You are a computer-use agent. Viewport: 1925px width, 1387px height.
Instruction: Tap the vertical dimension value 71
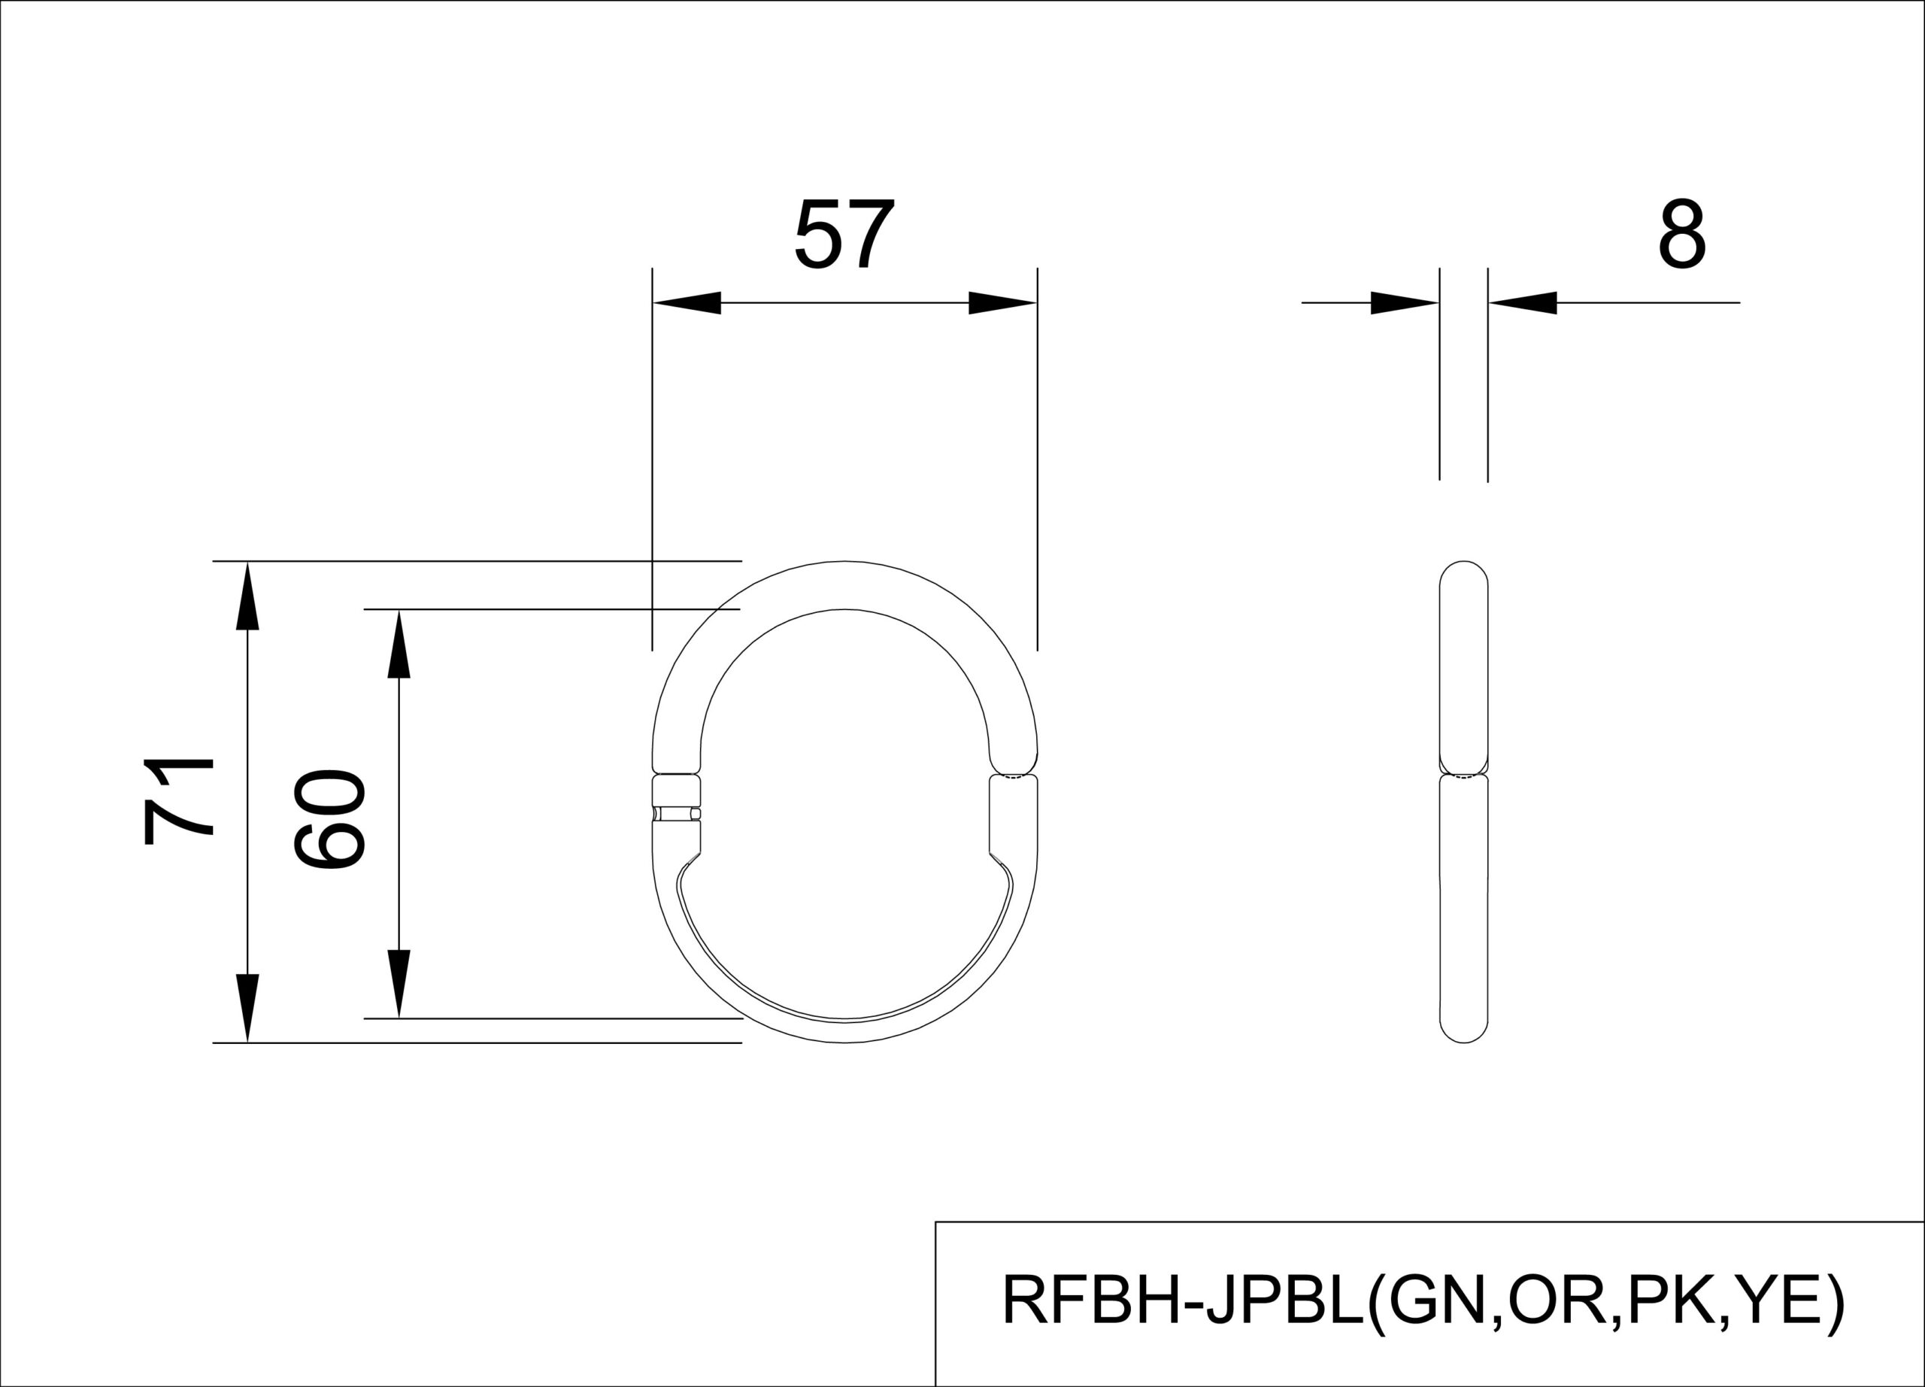pyautogui.click(x=178, y=801)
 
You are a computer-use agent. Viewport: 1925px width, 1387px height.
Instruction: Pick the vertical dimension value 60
pyautogui.click(x=329, y=818)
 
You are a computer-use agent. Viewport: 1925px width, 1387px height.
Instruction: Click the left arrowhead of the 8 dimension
pyautogui.click(x=1405, y=303)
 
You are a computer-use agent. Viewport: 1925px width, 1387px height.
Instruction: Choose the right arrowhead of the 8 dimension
pyautogui.click(x=1523, y=303)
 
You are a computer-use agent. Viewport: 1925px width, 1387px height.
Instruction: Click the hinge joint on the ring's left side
pyautogui.click(x=677, y=813)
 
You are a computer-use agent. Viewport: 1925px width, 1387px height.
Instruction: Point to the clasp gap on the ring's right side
pyautogui.click(x=1014, y=775)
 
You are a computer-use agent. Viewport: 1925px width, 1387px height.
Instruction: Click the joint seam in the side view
pyautogui.click(x=1464, y=774)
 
